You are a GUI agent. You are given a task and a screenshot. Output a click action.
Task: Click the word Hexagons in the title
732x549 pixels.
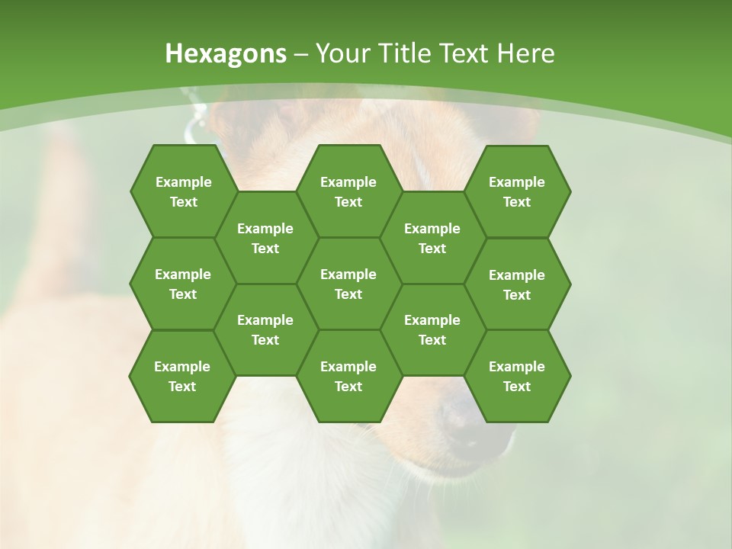click(226, 53)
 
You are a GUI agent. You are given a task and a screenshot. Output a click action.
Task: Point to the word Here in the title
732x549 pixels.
click(525, 53)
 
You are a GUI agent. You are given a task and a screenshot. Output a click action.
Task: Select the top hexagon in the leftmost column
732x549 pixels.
click(183, 191)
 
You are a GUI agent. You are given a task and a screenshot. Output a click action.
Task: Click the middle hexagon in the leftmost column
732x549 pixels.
click(183, 284)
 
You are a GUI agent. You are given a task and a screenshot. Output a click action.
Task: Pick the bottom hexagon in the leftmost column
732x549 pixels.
click(182, 376)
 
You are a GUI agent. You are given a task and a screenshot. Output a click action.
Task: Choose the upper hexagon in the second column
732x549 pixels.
click(265, 238)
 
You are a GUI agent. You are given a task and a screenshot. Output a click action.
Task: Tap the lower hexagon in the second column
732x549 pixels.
click(265, 329)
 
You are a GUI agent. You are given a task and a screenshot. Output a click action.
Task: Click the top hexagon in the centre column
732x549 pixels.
click(348, 191)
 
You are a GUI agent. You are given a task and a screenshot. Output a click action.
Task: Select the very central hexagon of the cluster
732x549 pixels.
click(348, 284)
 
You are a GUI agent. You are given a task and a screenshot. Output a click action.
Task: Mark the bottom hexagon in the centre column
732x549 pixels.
click(348, 376)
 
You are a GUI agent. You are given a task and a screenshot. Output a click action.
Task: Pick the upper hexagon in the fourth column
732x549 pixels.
click(432, 238)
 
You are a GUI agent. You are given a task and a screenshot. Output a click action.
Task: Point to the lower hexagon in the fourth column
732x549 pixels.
click(432, 329)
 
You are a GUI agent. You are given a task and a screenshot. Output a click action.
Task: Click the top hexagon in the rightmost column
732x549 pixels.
click(517, 191)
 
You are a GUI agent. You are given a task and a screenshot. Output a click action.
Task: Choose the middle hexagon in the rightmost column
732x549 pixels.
click(517, 284)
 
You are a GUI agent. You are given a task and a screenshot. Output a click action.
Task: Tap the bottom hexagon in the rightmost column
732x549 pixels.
click(517, 376)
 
